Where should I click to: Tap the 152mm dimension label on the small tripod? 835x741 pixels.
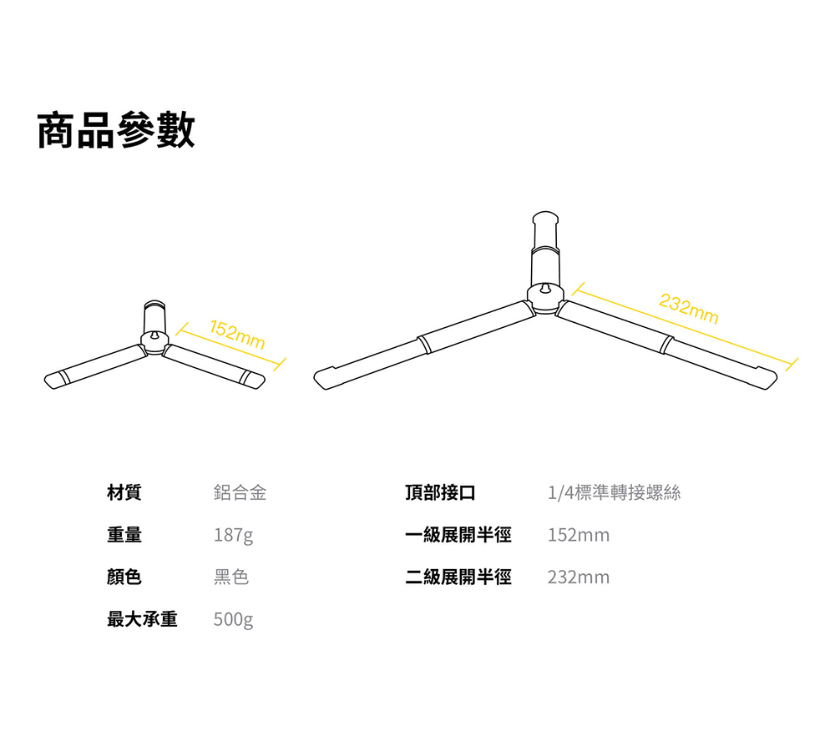pyautogui.click(x=237, y=335)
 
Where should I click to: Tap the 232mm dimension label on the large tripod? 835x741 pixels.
pyautogui.click(x=688, y=309)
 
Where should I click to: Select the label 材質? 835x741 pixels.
pyautogui.click(x=124, y=492)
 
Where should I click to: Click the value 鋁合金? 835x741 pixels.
pyautogui.click(x=240, y=492)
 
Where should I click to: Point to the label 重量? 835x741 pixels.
pyautogui.click(x=124, y=535)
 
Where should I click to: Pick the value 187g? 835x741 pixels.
pyautogui.click(x=233, y=535)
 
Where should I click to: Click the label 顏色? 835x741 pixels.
pyautogui.click(x=124, y=577)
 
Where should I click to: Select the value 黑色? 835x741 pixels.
pyautogui.click(x=231, y=577)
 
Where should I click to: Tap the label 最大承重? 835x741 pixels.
pyautogui.click(x=142, y=619)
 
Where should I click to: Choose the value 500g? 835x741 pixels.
pyautogui.click(x=233, y=619)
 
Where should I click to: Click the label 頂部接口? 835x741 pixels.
pyautogui.click(x=440, y=492)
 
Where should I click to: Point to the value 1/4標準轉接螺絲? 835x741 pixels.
pyautogui.click(x=614, y=492)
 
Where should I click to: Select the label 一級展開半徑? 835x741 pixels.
pyautogui.click(x=458, y=535)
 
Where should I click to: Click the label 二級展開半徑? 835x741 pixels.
pyautogui.click(x=458, y=577)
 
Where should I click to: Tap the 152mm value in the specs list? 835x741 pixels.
pyautogui.click(x=578, y=535)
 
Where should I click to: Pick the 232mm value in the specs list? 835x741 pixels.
pyautogui.click(x=578, y=577)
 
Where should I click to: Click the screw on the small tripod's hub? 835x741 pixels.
pyautogui.click(x=154, y=335)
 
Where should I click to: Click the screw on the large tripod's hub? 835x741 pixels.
pyautogui.click(x=544, y=289)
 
